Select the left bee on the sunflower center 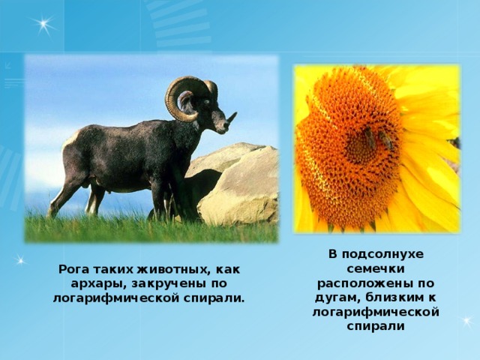[370, 138]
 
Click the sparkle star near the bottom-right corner [466, 321]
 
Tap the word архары [91, 283]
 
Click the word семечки [375, 269]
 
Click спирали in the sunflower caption [375, 326]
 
